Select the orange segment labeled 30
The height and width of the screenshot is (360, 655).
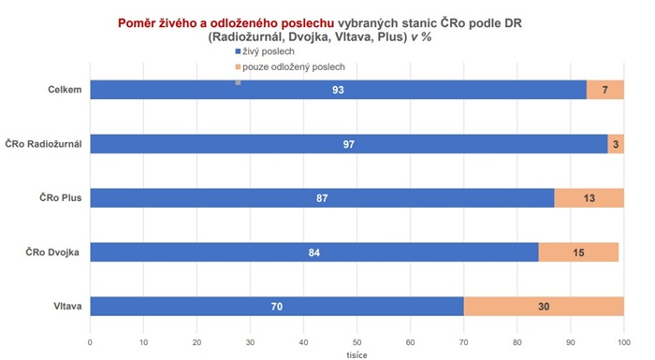pyautogui.click(x=544, y=306)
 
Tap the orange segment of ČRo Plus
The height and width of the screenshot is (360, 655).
pyautogui.click(x=589, y=198)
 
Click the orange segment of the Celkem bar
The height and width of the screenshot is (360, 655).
pyautogui.click(x=605, y=90)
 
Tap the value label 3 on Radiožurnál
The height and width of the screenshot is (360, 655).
pyautogui.click(x=617, y=144)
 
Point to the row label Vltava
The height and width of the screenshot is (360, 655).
pyautogui.click(x=65, y=306)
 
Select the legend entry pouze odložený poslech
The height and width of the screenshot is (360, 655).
pyautogui.click(x=290, y=67)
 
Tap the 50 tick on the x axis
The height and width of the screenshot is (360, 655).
pyautogui.click(x=357, y=342)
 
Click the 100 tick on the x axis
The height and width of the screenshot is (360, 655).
pyautogui.click(x=624, y=342)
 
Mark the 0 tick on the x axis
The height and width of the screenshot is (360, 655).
pyautogui.click(x=90, y=342)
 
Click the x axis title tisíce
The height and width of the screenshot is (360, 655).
pyautogui.click(x=357, y=354)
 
